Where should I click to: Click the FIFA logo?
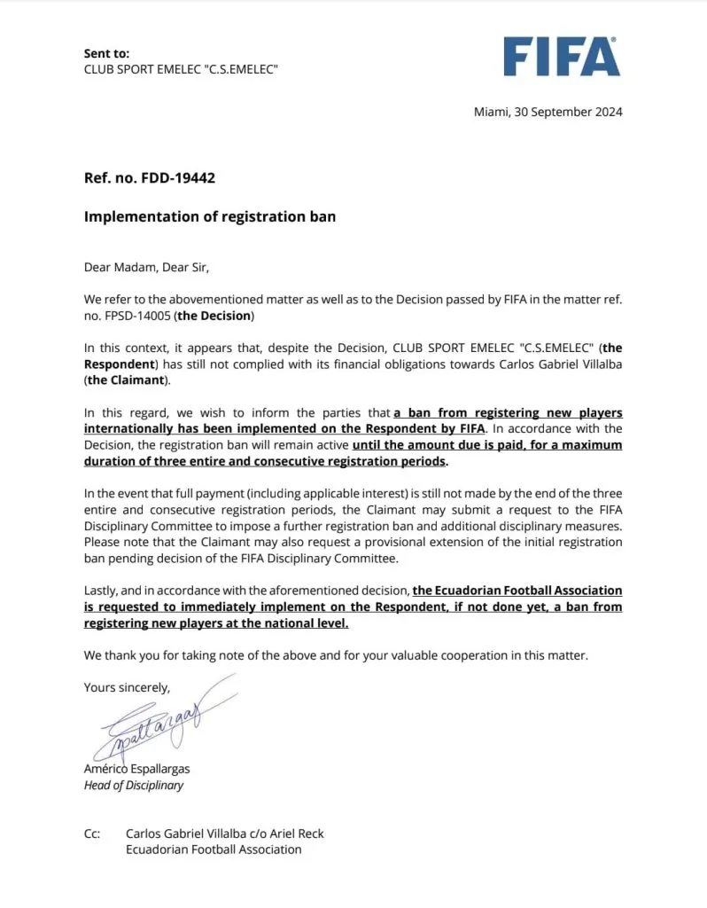coord(562,56)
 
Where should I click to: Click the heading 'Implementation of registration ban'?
coord(209,216)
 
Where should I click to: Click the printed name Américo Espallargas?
coord(136,769)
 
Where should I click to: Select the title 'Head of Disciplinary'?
coord(134,785)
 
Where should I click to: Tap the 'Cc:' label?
coord(92,834)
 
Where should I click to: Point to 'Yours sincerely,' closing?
coord(127,686)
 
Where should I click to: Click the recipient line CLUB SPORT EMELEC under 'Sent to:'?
coord(181,69)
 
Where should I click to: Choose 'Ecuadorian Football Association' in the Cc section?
coord(214,849)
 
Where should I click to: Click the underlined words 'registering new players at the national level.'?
coord(216,623)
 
